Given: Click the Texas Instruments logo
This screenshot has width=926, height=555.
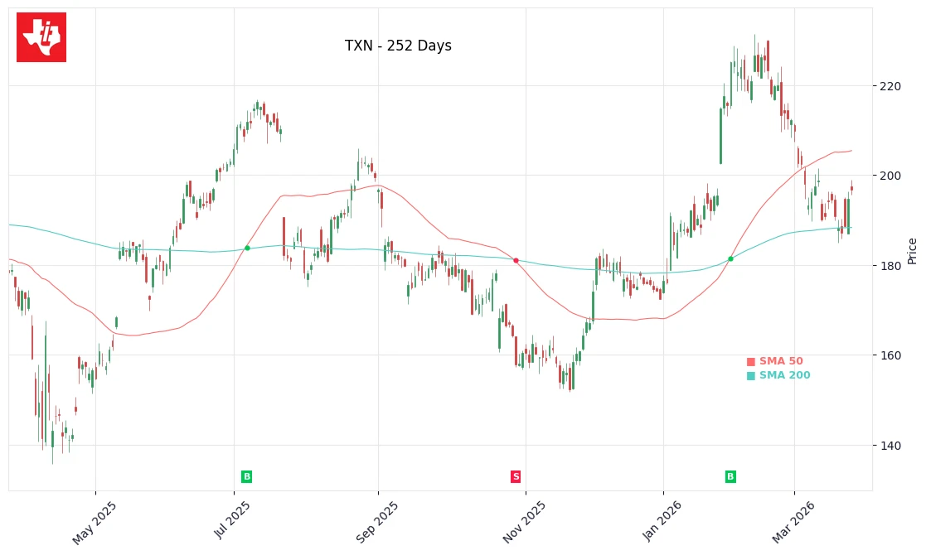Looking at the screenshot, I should pos(41,37).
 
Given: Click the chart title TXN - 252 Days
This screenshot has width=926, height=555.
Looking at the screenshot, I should pos(398,46).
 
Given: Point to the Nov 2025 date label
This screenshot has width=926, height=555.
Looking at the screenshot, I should pos(525,522).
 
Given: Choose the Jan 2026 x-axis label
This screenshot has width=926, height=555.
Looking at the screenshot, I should pos(661,522).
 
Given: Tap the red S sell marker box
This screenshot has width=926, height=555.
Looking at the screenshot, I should pos(516,477).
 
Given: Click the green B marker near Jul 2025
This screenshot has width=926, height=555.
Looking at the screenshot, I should pos(246,477).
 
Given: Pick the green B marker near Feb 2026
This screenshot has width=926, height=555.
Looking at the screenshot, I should pos(730,477).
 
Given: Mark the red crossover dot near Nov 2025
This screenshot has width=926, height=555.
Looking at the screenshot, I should pos(516,260).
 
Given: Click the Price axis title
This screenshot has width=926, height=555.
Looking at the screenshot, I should pos(913,251).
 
